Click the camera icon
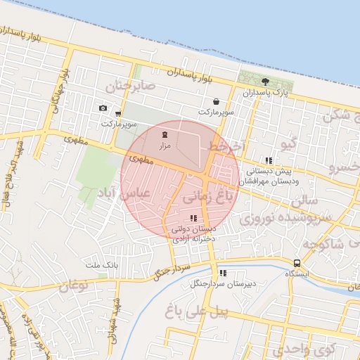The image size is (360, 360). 103,108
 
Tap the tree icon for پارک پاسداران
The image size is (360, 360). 265,82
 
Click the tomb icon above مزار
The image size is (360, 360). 165,134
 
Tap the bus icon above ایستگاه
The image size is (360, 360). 297,264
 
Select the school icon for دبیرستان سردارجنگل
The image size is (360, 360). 223,274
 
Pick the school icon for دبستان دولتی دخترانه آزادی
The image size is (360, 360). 193,218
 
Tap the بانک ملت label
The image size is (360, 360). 99,264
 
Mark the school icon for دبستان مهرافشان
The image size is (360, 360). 269,160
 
